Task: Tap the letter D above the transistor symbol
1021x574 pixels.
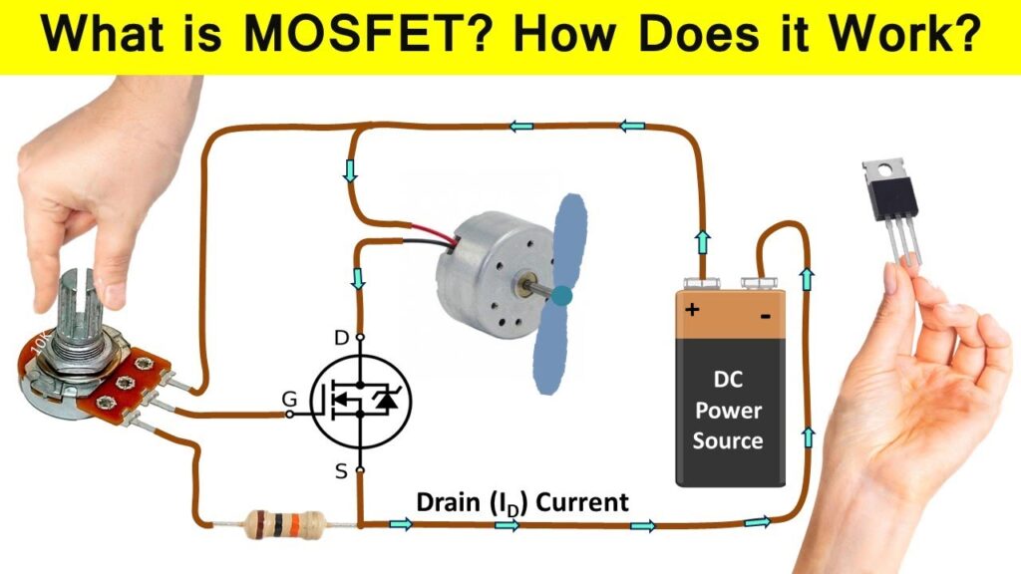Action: (341, 339)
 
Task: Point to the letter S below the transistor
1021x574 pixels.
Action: (341, 471)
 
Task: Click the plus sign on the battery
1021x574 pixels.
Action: (691, 309)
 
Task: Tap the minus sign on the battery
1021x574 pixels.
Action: (766, 318)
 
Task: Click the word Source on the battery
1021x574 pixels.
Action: (728, 440)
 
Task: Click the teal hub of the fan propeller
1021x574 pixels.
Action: (562, 295)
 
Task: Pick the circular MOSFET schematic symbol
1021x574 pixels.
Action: (361, 402)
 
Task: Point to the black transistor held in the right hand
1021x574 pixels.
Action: (889, 196)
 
